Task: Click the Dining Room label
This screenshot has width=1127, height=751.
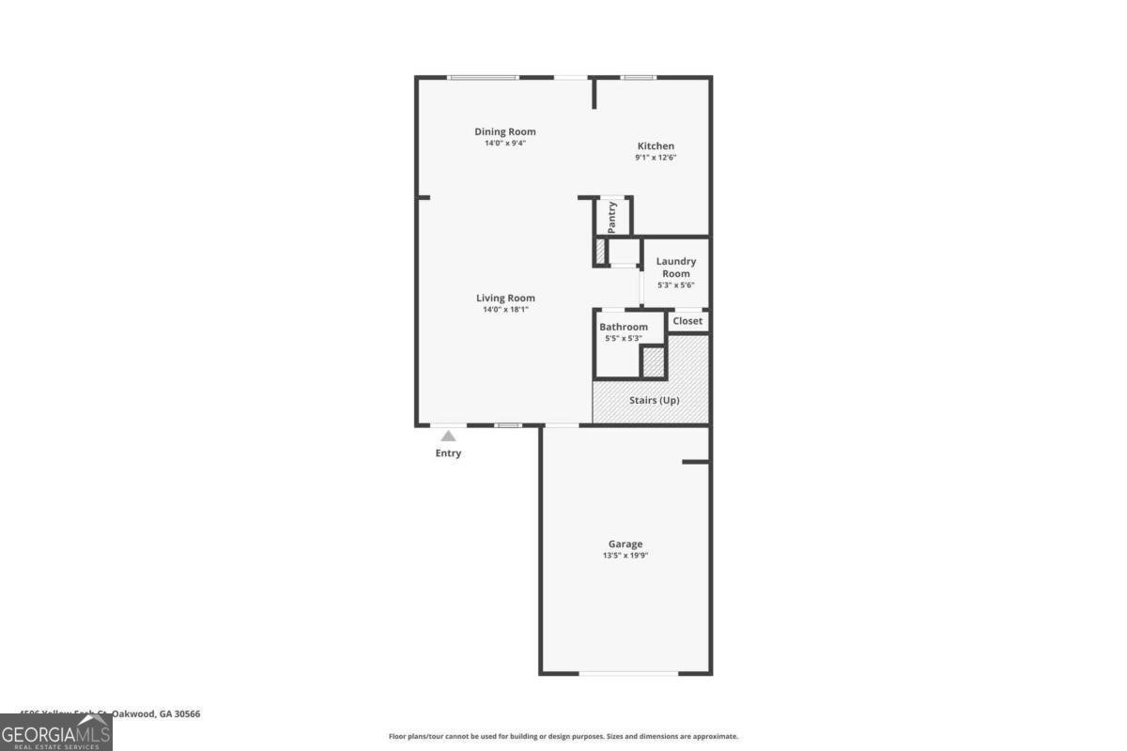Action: pos(505,131)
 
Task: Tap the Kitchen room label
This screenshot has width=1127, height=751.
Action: pos(656,146)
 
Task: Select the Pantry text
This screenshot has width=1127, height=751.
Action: pos(612,217)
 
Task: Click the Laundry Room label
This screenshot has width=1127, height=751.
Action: pos(676,268)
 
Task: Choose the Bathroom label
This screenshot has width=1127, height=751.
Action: pos(624,327)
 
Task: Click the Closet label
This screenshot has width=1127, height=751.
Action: pos(687,321)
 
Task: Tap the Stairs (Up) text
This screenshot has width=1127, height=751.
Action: pos(656,400)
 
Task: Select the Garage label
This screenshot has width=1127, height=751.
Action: pos(625,544)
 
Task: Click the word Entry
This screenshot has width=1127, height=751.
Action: pos(448,453)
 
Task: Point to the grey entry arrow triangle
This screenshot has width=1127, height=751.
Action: pos(449,436)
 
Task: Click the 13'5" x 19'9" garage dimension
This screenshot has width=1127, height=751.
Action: pos(625,556)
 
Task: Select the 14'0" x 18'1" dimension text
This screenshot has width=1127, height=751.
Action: pos(505,310)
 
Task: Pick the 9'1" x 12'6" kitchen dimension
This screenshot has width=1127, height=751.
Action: pos(656,158)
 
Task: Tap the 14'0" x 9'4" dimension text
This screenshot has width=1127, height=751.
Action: pos(505,144)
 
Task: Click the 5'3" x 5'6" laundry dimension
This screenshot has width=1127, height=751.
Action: pos(676,285)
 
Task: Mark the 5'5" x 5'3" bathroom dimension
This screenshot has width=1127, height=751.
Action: pos(624,338)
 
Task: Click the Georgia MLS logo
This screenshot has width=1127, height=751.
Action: pos(56,732)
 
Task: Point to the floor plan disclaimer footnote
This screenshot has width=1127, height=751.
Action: pos(563,737)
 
